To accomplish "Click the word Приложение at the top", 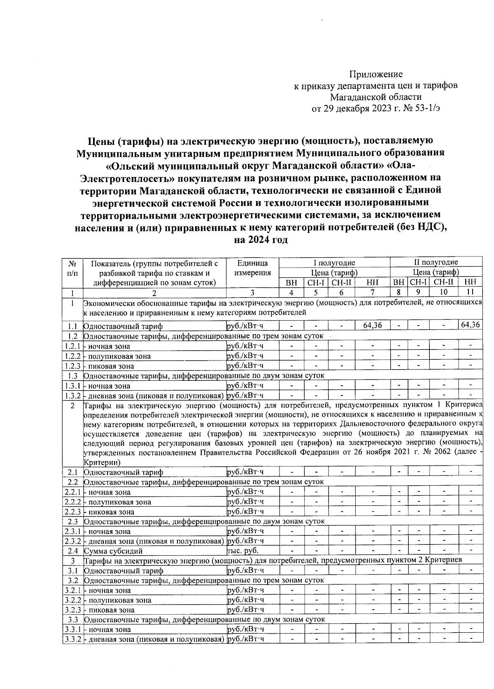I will point(376,74).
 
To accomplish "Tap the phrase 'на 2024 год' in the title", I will point(260,240).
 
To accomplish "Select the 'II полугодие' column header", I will point(436,263).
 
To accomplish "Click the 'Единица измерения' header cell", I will point(252,268).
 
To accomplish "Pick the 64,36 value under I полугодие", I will point(372,325).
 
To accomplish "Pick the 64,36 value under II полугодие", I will point(470,325).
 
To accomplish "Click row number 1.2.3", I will point(73,366).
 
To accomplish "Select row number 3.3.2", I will point(73,639).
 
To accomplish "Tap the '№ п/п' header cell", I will point(72,268).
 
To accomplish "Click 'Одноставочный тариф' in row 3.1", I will point(123,571).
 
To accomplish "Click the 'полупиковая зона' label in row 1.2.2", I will point(119,356).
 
